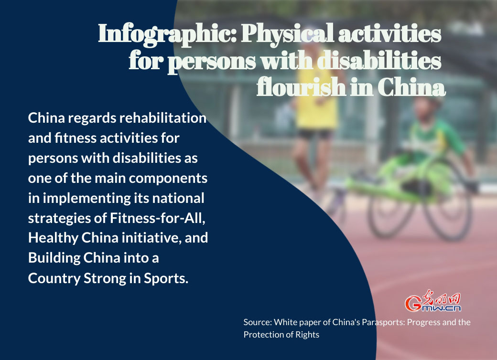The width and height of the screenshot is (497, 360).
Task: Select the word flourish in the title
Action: (301, 87)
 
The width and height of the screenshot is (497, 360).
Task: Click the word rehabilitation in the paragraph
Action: (162, 118)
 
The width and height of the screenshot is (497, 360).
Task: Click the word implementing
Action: (86, 199)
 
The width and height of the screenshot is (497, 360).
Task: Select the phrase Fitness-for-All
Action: (157, 219)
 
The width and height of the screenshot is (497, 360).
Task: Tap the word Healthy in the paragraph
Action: (53, 238)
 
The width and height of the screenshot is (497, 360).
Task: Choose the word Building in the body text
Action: (54, 258)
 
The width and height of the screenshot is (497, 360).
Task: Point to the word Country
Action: (54, 279)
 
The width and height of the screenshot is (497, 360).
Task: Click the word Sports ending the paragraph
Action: (166, 279)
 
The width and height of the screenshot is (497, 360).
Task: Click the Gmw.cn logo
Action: (432, 301)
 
